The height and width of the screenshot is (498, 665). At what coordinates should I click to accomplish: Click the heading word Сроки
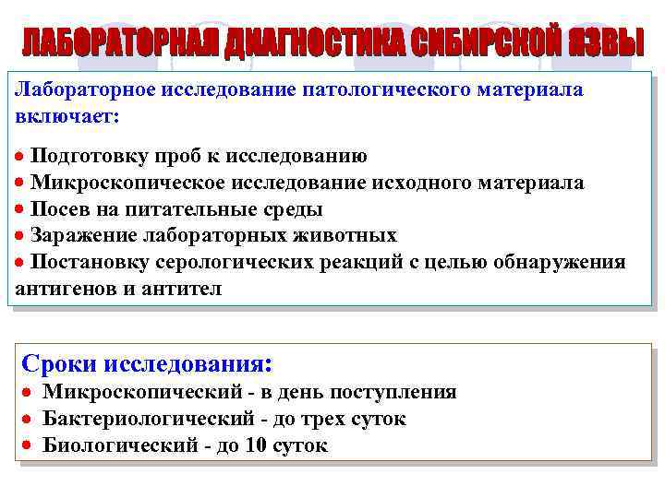point(59,362)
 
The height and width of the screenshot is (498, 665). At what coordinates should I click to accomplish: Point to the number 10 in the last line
point(255,446)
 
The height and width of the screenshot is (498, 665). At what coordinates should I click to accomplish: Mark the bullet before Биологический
point(28,446)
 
